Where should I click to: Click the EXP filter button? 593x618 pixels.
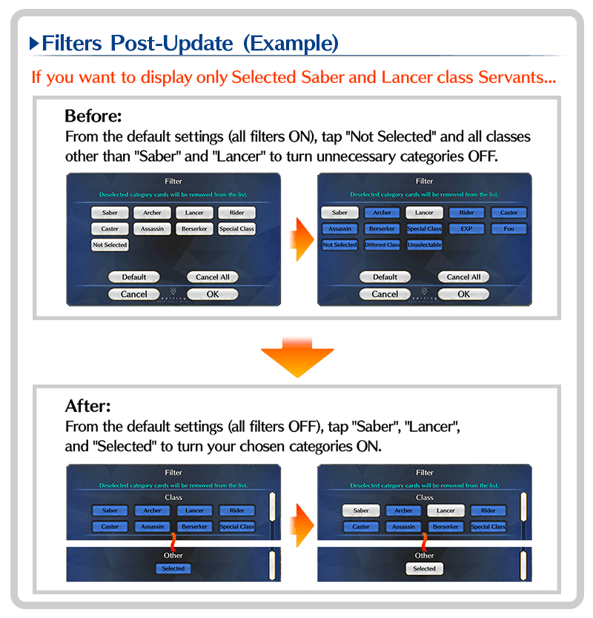tap(466, 229)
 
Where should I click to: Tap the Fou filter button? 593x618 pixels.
tap(508, 229)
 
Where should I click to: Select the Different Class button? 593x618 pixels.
tap(382, 245)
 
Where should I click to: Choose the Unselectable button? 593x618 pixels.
tap(424, 245)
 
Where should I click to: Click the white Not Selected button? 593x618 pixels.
tap(110, 245)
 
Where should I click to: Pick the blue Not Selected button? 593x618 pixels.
tap(339, 245)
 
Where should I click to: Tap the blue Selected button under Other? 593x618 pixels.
tap(173, 568)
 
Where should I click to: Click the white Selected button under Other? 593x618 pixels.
tap(425, 568)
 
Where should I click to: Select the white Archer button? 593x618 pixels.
tap(152, 213)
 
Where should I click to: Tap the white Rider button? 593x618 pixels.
tap(236, 213)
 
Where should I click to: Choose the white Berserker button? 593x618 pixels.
tap(194, 229)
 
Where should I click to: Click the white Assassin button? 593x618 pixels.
tap(152, 229)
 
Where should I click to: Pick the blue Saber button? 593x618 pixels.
tap(110, 511)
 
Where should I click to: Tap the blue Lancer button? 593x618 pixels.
tap(194, 511)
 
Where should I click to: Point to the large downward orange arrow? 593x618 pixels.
tap(296, 353)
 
